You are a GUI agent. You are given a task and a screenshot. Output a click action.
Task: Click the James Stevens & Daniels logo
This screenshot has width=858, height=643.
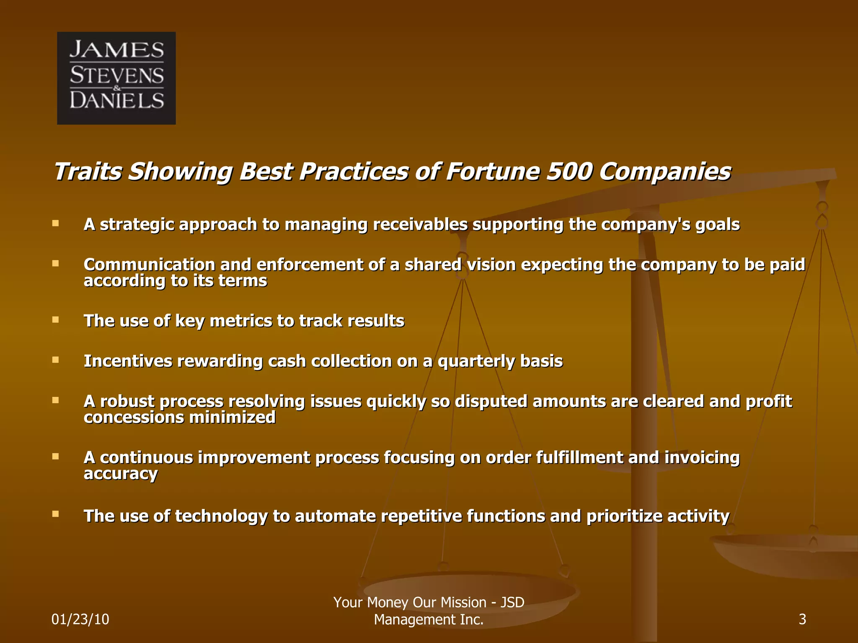116,78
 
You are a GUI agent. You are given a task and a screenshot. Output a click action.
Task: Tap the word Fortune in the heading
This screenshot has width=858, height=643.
492,172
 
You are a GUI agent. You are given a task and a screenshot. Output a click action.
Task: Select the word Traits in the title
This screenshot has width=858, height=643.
88,172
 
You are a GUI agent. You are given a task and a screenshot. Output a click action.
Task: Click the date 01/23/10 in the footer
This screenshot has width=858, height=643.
80,619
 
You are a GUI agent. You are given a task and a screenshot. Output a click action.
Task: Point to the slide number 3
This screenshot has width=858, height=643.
802,619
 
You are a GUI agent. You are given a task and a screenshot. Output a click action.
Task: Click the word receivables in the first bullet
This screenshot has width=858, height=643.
420,224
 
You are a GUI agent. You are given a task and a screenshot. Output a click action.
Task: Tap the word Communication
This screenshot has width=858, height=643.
149,265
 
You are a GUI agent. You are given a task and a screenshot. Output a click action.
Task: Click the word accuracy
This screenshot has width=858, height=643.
121,474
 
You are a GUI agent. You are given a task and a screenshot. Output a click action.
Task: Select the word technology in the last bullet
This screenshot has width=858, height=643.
221,516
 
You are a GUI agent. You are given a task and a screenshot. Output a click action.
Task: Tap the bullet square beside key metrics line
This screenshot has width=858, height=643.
55,319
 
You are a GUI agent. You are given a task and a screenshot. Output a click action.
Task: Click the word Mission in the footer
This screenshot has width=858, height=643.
463,602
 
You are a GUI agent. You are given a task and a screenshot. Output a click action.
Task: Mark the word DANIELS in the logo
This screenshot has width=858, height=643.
116,100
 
